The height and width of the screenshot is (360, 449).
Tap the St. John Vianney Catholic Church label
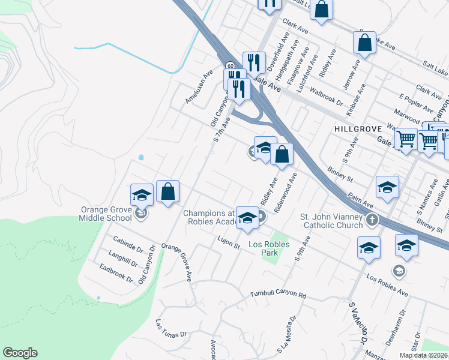[x=333, y=221]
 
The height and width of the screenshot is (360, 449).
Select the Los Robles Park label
[x=269, y=248]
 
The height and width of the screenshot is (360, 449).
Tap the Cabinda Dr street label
[x=127, y=245]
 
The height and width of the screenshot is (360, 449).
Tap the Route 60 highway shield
[x=230, y=65]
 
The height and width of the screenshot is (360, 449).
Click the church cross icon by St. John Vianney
[x=372, y=219]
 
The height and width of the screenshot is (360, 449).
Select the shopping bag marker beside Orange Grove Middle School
[x=168, y=191]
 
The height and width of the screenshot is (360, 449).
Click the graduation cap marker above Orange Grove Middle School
[x=142, y=194]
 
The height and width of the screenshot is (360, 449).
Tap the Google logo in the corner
[x=20, y=353]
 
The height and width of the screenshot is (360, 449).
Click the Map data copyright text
[x=423, y=355]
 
